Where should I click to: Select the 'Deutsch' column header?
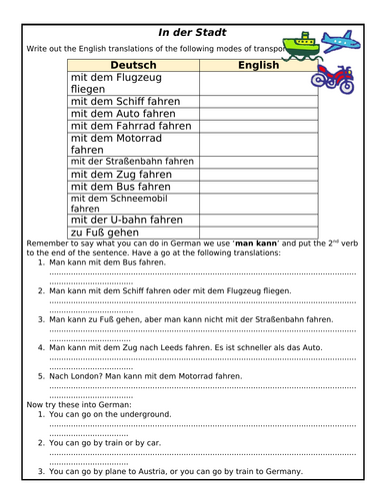pyautogui.click(x=133, y=64)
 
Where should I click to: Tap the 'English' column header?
pyautogui.click(x=258, y=64)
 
